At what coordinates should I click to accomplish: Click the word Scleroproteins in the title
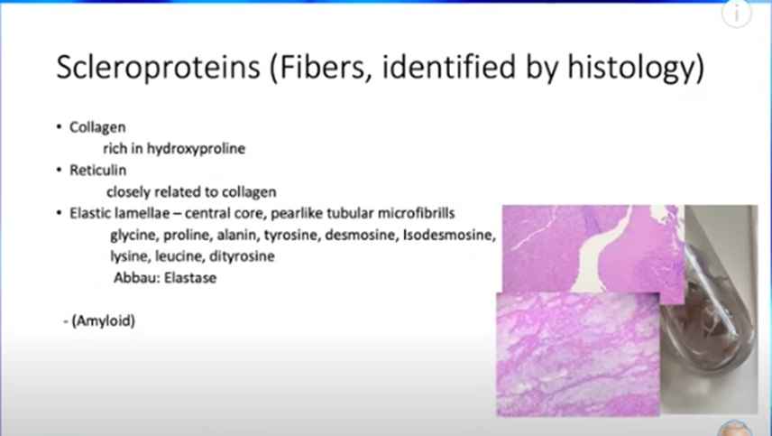click(158, 67)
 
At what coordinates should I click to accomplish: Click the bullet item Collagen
click(97, 127)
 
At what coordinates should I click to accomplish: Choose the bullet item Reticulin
click(98, 170)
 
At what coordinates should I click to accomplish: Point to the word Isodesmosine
click(449, 235)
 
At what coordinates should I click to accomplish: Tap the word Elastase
click(190, 278)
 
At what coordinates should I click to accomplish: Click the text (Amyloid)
click(104, 321)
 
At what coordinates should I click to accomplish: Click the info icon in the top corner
click(737, 14)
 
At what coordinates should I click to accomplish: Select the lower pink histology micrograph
click(578, 354)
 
